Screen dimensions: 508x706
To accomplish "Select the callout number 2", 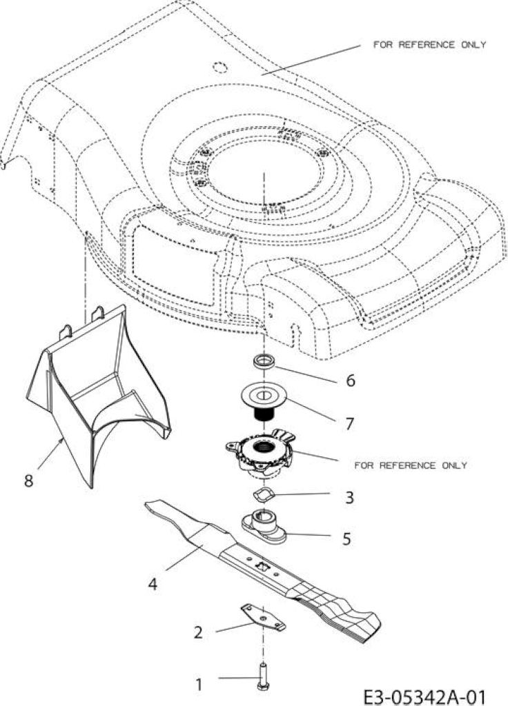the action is (x=198, y=633).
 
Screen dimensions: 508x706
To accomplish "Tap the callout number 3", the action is (x=349, y=498).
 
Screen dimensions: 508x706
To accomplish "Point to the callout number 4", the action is (x=153, y=585).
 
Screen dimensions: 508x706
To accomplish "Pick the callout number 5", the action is (x=346, y=538).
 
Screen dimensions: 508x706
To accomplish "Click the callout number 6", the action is (x=350, y=381).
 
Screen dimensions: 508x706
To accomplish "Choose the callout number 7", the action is (x=349, y=424).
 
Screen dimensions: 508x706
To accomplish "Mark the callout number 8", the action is (x=28, y=481).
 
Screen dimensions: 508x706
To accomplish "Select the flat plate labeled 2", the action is (x=263, y=617).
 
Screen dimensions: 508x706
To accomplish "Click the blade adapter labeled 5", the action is (x=264, y=527).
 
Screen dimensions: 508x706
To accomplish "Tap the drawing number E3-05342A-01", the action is (x=425, y=696).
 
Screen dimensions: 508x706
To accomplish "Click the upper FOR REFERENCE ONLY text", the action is (x=429, y=45).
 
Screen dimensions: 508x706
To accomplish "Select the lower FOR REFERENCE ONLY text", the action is (x=410, y=465).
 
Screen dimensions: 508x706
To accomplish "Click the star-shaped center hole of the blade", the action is (x=261, y=564).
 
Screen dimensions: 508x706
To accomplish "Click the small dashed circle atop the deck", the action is (x=220, y=67).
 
